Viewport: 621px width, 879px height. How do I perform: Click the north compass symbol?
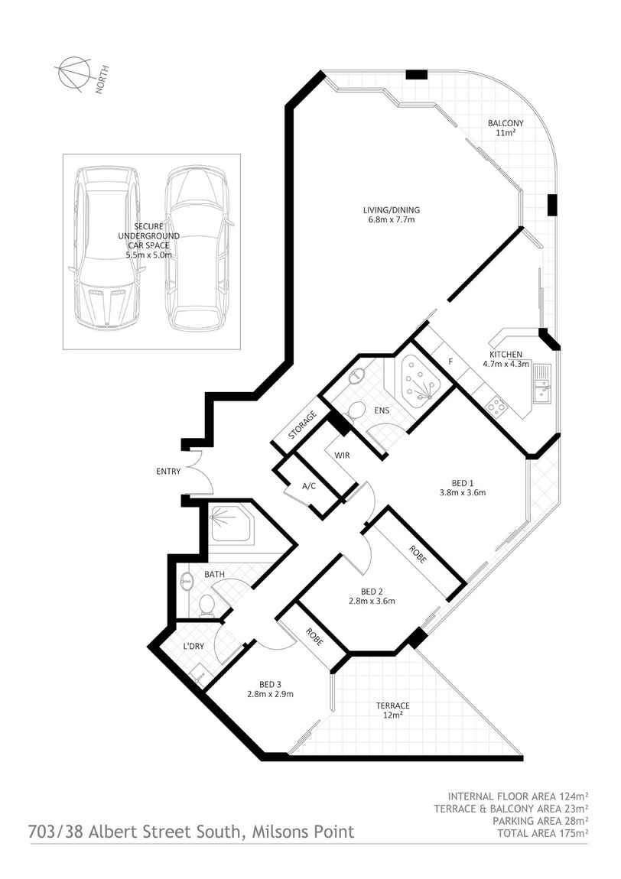(74, 73)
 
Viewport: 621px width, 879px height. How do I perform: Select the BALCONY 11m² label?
(506, 128)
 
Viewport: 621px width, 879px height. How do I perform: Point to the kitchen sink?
(542, 384)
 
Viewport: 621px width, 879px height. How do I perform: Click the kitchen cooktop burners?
(496, 405)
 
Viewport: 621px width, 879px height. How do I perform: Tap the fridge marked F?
(450, 362)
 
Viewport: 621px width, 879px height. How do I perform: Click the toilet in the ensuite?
(354, 414)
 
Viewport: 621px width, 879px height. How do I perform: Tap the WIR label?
(342, 456)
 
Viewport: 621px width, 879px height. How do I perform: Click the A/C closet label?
(309, 486)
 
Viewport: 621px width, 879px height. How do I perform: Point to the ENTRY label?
(168, 472)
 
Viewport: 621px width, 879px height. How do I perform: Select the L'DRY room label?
(193, 647)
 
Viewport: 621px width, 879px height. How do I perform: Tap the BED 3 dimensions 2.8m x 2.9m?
(271, 694)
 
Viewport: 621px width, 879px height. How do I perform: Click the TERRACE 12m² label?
(392, 710)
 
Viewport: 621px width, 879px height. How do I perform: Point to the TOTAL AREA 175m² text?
(543, 833)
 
